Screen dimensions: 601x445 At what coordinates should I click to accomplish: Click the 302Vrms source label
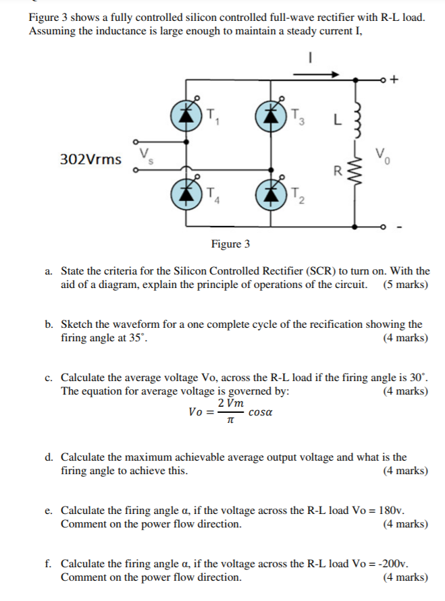click(91, 160)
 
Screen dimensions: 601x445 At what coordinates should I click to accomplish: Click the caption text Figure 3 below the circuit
click(230, 244)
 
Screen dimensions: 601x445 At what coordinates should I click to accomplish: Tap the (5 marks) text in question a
click(405, 284)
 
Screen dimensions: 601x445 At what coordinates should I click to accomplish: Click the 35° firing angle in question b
click(134, 337)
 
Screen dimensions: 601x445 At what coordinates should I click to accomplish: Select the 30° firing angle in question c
click(419, 376)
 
